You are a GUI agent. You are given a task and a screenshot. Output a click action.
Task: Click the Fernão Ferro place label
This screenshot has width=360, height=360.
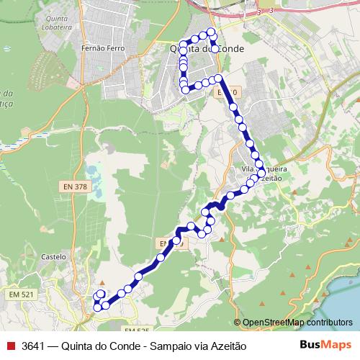coord(104,48)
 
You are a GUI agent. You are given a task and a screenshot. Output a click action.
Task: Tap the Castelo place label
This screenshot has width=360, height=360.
coord(54,256)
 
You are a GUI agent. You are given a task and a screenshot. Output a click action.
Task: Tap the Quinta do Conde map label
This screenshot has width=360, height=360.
coord(206,48)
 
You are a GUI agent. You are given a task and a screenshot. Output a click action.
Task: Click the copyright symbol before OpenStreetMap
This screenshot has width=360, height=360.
coord(238,323)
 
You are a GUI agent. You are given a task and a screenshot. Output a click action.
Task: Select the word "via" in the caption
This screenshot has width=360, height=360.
coord(197,346)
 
